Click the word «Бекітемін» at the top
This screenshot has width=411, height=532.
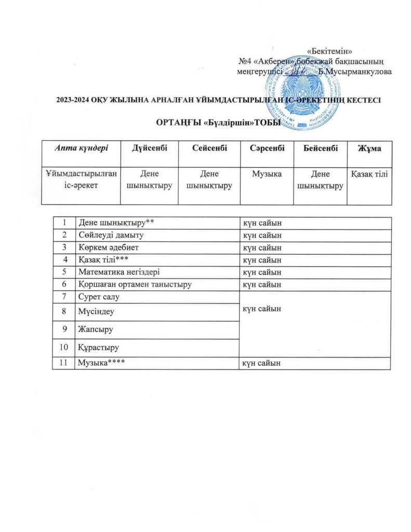(x=330, y=51)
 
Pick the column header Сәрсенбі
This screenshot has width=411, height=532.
(x=266, y=148)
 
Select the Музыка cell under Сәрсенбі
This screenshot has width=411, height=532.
(x=266, y=174)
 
